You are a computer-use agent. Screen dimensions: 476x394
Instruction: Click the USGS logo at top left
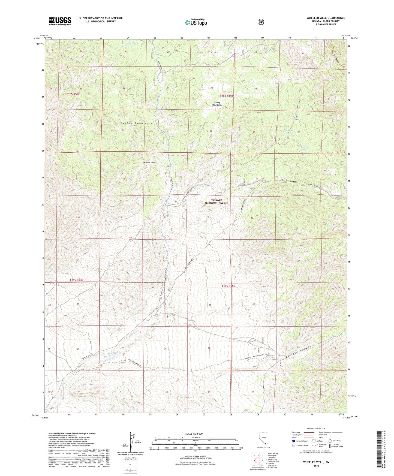click(x=60, y=21)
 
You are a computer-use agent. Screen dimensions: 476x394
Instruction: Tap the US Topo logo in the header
click(x=196, y=22)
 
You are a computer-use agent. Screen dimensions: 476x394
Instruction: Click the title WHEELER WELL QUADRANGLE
click(x=326, y=18)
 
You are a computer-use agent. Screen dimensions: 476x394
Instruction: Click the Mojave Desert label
click(x=150, y=162)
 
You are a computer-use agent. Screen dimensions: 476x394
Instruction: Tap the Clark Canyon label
click(x=289, y=181)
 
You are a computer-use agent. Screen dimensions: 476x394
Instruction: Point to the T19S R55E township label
click(x=228, y=286)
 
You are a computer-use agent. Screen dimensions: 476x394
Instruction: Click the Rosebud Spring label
click(x=303, y=149)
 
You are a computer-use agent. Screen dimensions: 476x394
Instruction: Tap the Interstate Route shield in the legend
click(x=293, y=441)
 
